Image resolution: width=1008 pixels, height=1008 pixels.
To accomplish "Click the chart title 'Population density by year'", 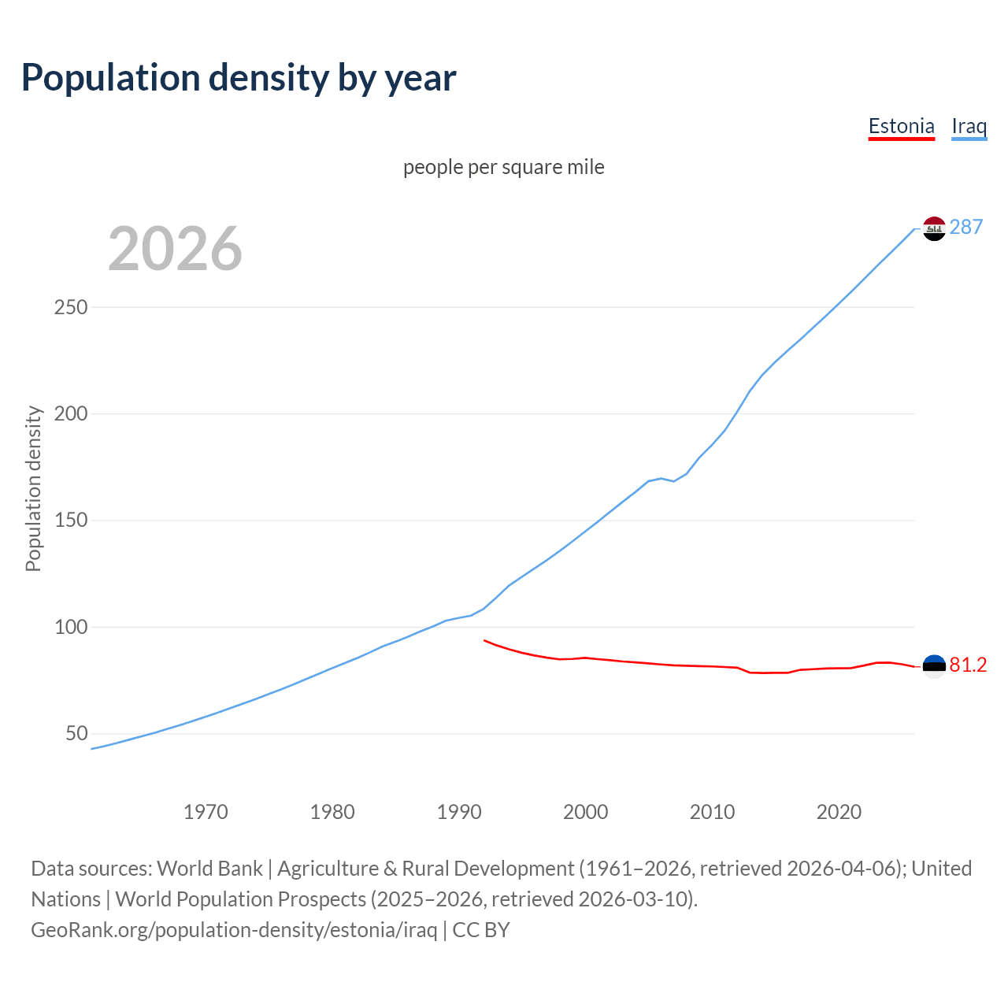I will point(239,78).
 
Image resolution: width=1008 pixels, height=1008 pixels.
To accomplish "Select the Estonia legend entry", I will point(901,126).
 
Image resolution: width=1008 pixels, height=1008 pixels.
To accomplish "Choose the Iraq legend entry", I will point(969,126).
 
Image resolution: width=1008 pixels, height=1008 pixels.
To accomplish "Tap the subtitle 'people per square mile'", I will point(503,167).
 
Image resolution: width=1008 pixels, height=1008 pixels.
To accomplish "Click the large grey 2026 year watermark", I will point(175,249).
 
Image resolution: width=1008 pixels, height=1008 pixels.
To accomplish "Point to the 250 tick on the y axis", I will point(70,307).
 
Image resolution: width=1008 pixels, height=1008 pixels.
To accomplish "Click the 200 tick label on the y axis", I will point(70,413).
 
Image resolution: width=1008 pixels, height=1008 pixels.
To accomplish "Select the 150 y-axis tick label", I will point(70,521).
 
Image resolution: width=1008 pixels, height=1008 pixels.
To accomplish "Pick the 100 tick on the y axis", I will point(70,627).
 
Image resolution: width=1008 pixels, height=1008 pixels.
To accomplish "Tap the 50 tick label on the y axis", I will point(76,734).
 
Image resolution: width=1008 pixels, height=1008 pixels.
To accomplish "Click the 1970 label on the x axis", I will point(206,812).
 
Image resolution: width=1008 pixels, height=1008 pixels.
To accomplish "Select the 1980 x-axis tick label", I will point(332,812).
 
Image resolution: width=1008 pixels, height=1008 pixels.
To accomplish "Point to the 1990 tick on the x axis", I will point(459,812).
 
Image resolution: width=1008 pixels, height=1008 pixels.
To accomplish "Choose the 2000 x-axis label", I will point(585,812).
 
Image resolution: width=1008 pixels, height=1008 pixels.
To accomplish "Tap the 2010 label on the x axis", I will point(712,812).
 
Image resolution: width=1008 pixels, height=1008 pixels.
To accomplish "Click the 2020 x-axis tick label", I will point(839,812).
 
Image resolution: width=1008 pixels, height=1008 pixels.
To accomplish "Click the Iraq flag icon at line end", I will point(934,228).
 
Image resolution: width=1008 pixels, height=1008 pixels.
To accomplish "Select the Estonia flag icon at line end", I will point(934,666).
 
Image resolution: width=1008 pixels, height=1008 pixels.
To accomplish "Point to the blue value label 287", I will point(966,228).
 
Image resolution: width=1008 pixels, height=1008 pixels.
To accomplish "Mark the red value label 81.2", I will point(968,665).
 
